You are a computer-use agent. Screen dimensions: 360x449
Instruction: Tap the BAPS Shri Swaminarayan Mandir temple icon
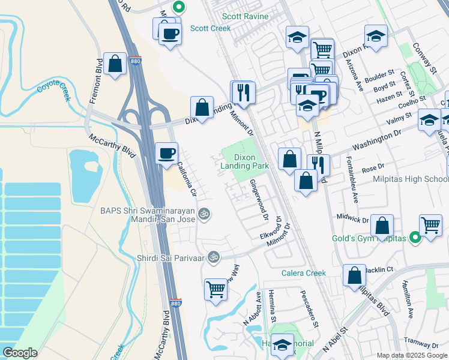(204, 214)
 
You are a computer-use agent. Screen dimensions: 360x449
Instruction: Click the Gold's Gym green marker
(414, 238)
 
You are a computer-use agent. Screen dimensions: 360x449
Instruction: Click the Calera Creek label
(304, 273)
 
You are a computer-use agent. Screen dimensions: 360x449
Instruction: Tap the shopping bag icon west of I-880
(114, 64)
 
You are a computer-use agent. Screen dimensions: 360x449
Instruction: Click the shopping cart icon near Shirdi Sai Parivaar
(215, 289)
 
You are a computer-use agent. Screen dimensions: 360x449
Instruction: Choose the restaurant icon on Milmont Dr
(243, 91)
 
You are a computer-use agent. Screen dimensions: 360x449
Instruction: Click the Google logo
(20, 352)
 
